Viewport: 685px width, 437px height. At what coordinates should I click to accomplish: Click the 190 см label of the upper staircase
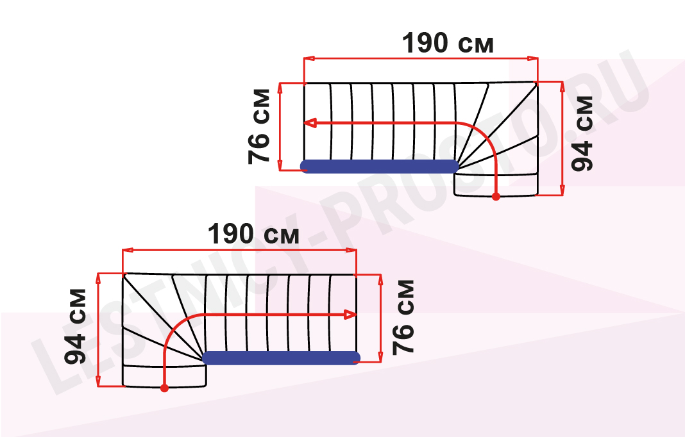(x=448, y=43)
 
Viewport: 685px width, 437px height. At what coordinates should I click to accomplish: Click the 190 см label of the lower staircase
(x=253, y=234)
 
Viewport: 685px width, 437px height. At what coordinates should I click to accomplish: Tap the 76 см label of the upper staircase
(x=259, y=126)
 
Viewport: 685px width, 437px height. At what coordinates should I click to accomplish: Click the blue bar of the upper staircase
(x=380, y=167)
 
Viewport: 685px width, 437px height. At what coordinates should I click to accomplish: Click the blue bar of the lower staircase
(x=282, y=358)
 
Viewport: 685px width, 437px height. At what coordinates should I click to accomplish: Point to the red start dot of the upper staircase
(x=496, y=197)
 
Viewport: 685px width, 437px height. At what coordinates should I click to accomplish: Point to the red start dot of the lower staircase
(x=164, y=388)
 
